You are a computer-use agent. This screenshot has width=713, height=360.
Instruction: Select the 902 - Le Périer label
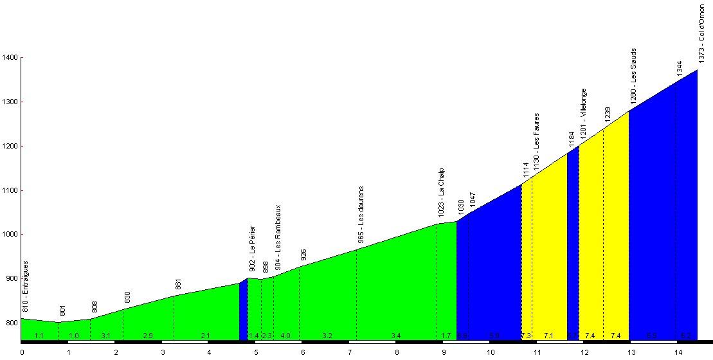[x=252, y=248]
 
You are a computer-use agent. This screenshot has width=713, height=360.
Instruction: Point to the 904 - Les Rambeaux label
[x=278, y=237]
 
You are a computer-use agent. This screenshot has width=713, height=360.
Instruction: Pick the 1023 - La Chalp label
[x=441, y=191]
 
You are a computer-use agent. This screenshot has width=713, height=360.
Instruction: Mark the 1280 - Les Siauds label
[x=633, y=76]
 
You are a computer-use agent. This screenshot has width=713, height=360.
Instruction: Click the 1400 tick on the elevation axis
[x=10, y=57]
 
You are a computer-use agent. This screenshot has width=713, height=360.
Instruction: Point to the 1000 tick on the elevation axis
[x=10, y=235]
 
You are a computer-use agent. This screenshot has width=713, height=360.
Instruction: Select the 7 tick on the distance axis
[x=349, y=352]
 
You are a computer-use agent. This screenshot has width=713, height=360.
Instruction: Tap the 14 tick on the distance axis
[x=678, y=352]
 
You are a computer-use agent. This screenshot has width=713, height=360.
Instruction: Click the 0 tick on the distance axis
[x=22, y=352]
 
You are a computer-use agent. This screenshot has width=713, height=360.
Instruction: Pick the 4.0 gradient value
[x=285, y=336]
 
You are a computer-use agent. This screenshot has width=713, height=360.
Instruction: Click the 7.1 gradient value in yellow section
[x=548, y=336]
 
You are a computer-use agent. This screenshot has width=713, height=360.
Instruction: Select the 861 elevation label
[x=178, y=285]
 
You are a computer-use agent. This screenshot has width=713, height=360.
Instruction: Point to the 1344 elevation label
[x=680, y=68]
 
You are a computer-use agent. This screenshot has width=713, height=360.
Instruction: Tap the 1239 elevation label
[x=608, y=114]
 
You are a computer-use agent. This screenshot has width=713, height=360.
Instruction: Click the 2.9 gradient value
[x=148, y=336]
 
